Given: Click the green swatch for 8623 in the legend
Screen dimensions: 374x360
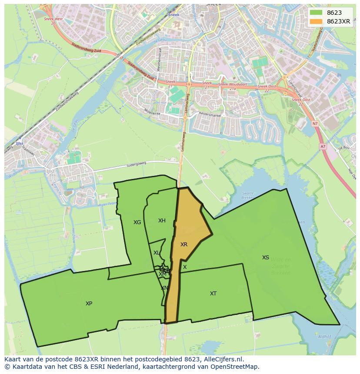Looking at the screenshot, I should click(316, 13).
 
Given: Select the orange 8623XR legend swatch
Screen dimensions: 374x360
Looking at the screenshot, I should click(316, 21).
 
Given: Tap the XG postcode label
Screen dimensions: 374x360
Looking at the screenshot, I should click(137, 222).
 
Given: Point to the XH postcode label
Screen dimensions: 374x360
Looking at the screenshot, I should click(162, 221).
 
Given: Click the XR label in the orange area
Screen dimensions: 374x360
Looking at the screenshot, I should click(184, 245).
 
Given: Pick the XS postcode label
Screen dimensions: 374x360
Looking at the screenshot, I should click(266, 258).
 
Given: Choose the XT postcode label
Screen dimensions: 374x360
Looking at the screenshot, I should click(213, 294).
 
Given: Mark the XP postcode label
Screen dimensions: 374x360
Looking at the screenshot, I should click(89, 304).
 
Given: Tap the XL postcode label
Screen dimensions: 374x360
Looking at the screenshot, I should click(157, 253).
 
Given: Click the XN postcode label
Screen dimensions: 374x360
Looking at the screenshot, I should click(164, 288).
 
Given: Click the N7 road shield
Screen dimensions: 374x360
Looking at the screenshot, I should click(315, 124).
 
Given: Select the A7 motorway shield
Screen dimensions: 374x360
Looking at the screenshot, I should click(323, 146).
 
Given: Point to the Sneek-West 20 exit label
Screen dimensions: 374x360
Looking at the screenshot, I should click(53, 21).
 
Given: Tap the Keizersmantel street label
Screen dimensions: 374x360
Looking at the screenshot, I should click(210, 116).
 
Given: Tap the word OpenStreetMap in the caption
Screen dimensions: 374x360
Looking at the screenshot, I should click(237, 367).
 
